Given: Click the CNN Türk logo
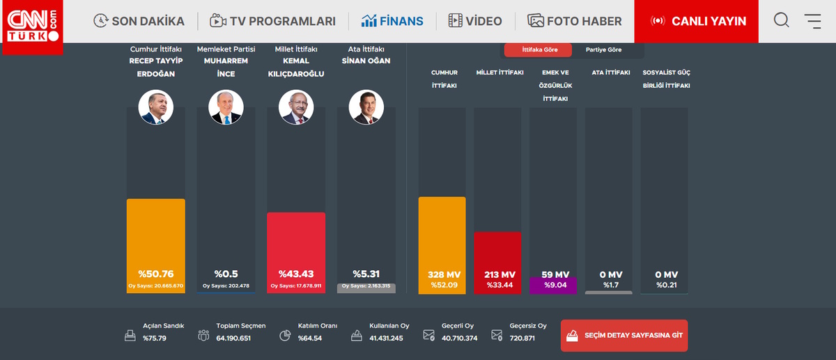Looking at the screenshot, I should (32, 26).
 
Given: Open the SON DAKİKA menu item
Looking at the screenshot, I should (139, 21).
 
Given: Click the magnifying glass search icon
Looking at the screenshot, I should (782, 21).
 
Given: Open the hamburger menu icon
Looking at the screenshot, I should (812, 21).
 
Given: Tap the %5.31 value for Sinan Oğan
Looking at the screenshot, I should (366, 274).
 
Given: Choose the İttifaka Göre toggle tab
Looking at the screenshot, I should (539, 50).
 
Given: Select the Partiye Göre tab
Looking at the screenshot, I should (603, 50).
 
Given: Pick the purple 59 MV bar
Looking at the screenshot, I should (553, 285).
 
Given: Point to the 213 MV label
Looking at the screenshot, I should (497, 274).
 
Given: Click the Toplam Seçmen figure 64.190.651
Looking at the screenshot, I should (233, 338).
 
